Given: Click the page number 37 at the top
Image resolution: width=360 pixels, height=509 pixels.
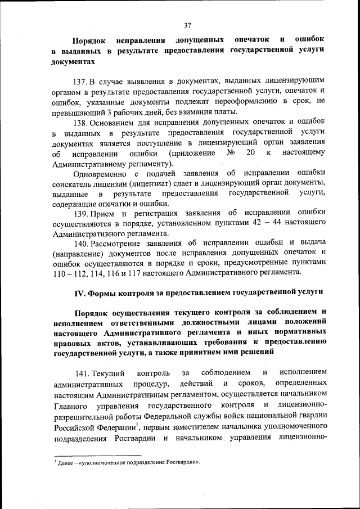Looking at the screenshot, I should [188, 25].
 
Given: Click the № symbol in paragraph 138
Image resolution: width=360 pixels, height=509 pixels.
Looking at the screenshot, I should [229, 153].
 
